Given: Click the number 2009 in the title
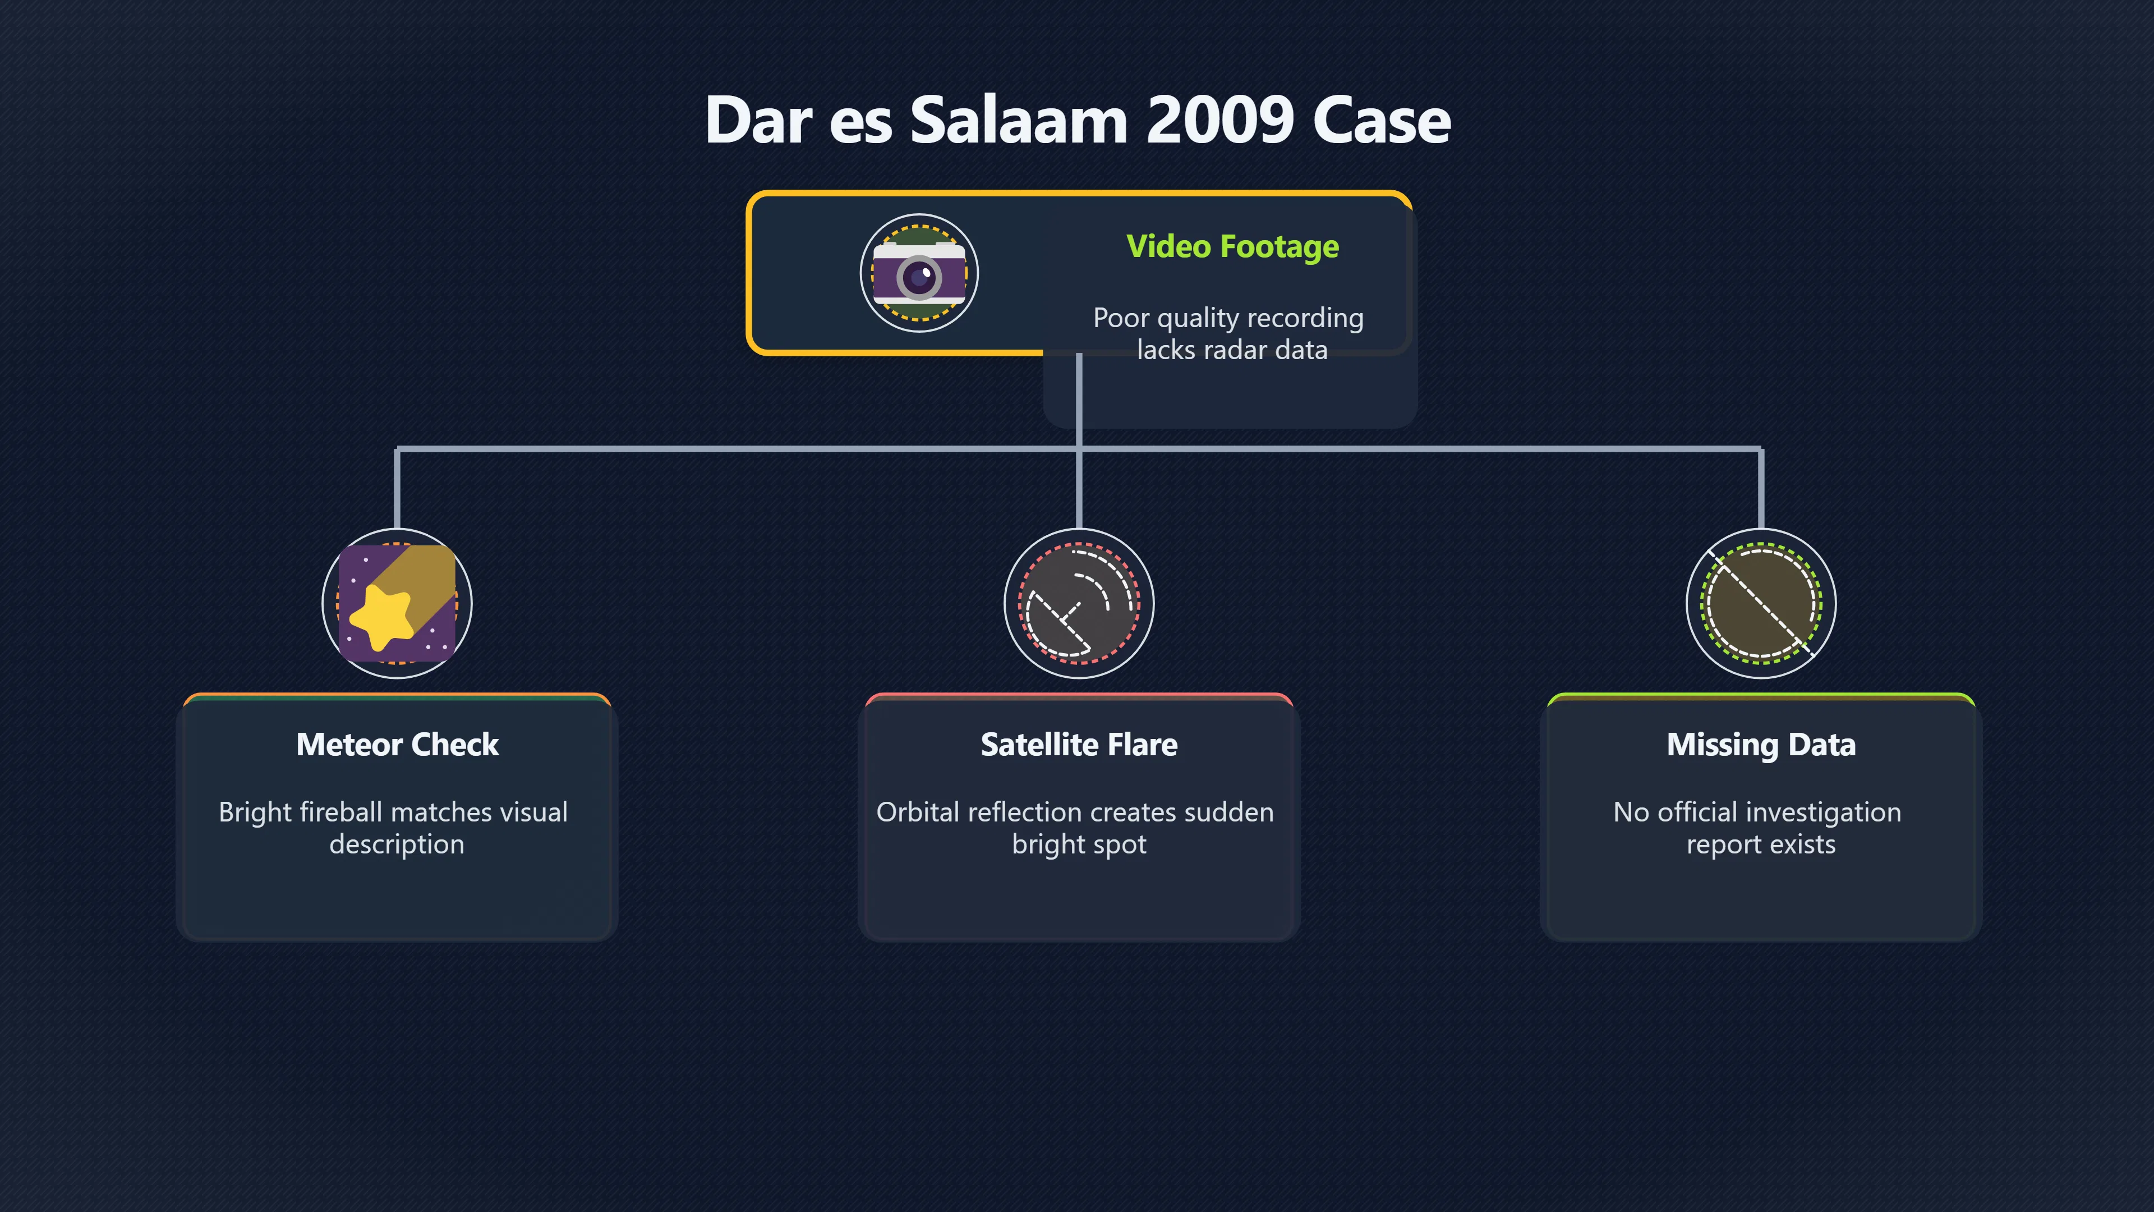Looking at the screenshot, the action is (1220, 121).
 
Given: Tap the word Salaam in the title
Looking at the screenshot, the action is (1019, 121).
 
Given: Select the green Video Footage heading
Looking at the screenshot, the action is (1232, 247).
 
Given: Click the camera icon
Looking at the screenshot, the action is (919, 273).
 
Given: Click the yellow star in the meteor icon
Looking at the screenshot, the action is (382, 616).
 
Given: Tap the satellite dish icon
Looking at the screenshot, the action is (1079, 603).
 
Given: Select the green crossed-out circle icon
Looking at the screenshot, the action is (1761, 603).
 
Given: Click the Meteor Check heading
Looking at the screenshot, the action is (397, 745).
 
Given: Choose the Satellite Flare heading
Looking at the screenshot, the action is (1079, 745).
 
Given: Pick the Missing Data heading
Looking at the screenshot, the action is (1761, 745).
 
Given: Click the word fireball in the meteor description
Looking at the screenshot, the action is (341, 812).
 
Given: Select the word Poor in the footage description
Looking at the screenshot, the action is (1121, 318).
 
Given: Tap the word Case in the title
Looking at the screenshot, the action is (1382, 121).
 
